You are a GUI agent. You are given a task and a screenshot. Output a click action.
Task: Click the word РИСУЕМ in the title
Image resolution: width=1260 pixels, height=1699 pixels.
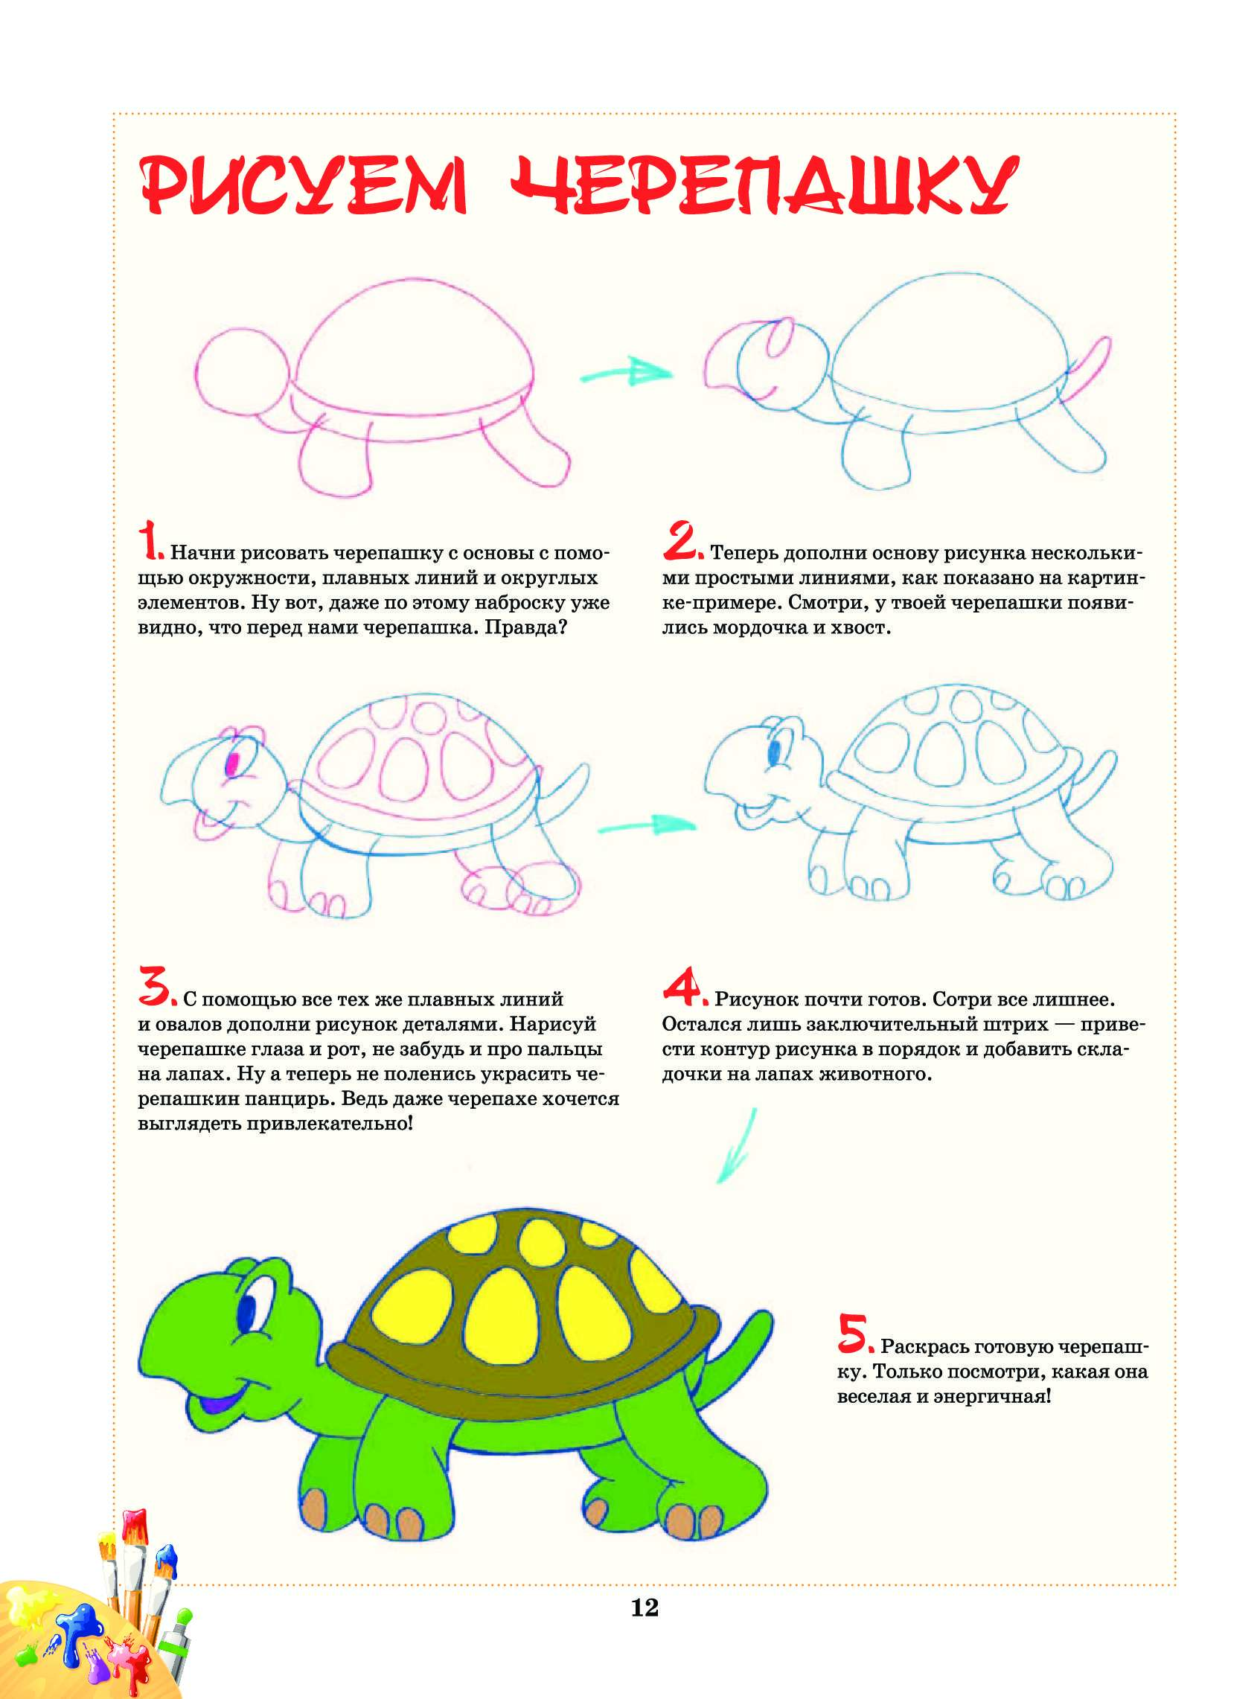304,185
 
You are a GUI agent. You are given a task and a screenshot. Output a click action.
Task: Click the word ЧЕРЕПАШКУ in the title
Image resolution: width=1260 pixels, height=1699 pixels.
764,185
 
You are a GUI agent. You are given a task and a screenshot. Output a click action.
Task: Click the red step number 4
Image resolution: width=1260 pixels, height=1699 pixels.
685,985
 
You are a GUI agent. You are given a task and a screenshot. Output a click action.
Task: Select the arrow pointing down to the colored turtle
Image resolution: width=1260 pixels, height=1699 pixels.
737,1145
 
